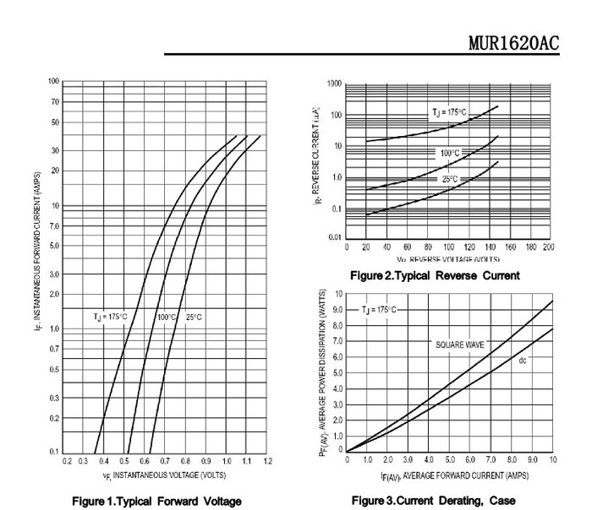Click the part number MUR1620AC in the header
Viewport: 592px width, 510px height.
tap(513, 43)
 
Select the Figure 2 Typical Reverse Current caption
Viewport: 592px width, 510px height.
tap(435, 275)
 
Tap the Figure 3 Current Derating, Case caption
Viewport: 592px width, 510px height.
tap(432, 501)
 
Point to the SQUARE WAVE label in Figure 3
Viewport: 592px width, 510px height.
tap(459, 345)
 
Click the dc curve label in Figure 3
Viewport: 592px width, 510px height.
tap(523, 361)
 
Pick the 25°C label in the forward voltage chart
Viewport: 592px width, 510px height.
tap(195, 317)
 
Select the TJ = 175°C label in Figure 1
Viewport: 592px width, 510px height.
tap(110, 317)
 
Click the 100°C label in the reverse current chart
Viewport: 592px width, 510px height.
tap(449, 153)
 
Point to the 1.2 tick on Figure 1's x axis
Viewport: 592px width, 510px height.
tap(267, 461)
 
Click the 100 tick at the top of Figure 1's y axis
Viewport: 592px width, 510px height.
tap(53, 82)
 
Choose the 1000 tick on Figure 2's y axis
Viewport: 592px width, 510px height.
tap(334, 84)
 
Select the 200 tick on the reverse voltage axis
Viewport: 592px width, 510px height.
tap(548, 247)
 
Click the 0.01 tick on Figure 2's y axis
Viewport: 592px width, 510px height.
tap(335, 237)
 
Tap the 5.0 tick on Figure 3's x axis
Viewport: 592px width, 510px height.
tap(450, 460)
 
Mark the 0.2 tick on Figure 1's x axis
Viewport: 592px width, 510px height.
tap(67, 461)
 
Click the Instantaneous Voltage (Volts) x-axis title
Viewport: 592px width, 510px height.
tap(164, 475)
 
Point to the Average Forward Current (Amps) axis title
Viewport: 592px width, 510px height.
tap(449, 475)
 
